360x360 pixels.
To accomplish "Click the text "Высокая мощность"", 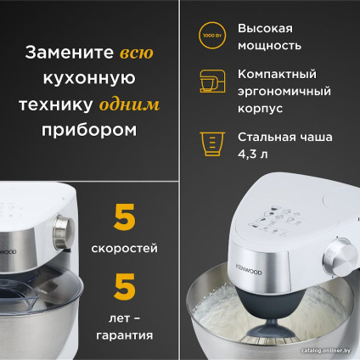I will click(x=269, y=36).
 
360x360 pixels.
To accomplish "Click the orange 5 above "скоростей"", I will click(x=125, y=218).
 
